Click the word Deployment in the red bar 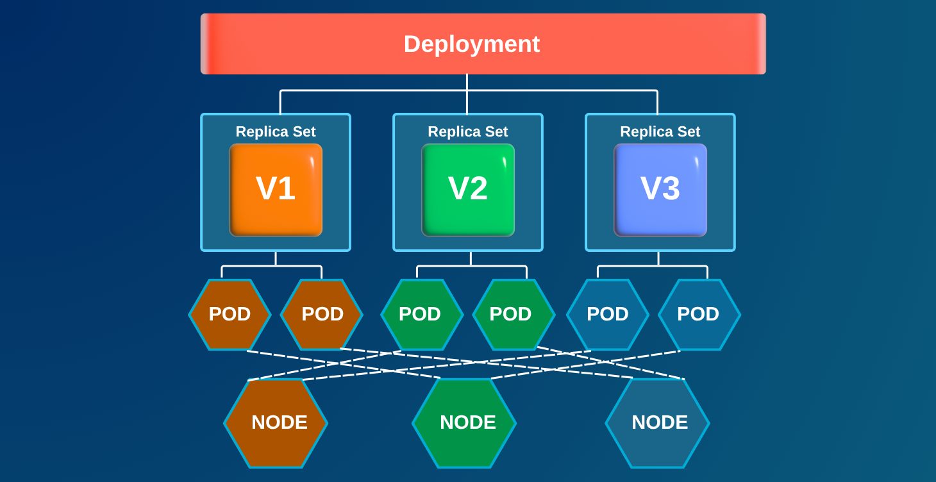coord(472,44)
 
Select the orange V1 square coord(276,190)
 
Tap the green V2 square coord(468,190)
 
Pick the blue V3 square coord(660,190)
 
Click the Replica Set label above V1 coord(276,131)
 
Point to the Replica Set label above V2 coord(468,131)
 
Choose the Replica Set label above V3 coord(660,131)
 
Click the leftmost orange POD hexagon coord(230,314)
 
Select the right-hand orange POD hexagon coord(322,314)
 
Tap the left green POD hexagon coord(421,314)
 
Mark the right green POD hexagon coord(512,314)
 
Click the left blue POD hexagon coord(608,314)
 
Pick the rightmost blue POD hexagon coord(699,314)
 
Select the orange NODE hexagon coord(276,422)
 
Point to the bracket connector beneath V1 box coord(276,265)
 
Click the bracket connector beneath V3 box coord(658,265)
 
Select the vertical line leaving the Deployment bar coord(467,83)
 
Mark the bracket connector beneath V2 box coord(471,265)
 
